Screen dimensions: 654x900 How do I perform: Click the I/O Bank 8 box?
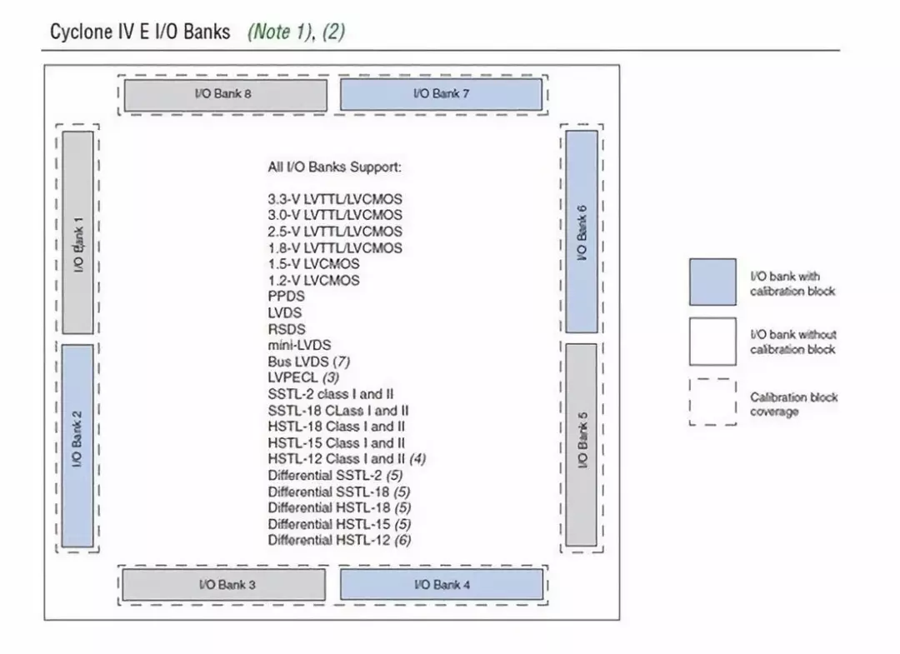coord(225,94)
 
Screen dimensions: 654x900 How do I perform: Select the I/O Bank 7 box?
coord(441,94)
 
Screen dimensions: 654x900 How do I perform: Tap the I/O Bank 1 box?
coord(78,232)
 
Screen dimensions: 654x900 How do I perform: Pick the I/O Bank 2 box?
coord(78,446)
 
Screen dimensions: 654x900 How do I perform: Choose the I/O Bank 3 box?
coord(225,584)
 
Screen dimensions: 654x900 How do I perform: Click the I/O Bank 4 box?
coord(441,584)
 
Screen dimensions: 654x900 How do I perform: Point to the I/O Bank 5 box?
coord(582,445)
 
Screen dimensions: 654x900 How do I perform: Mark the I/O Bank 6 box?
coord(582,232)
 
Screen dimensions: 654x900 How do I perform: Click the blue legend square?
coord(712,282)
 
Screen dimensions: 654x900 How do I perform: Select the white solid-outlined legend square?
coord(712,341)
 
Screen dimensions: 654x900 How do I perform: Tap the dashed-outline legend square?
coord(712,402)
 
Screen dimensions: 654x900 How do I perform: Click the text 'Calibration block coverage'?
coord(792,405)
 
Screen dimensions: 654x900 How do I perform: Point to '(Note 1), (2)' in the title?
coord(296,32)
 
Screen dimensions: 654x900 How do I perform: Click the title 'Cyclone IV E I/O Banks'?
coord(140,32)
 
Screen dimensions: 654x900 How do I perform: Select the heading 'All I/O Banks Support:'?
coord(334,167)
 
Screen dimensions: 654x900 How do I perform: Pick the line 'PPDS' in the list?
coord(287,297)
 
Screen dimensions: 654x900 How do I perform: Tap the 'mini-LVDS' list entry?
coord(299,345)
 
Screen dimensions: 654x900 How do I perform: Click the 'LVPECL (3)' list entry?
coord(303,377)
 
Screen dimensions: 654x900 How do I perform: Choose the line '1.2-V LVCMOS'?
coord(313,280)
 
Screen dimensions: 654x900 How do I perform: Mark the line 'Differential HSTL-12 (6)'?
coord(339,540)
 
